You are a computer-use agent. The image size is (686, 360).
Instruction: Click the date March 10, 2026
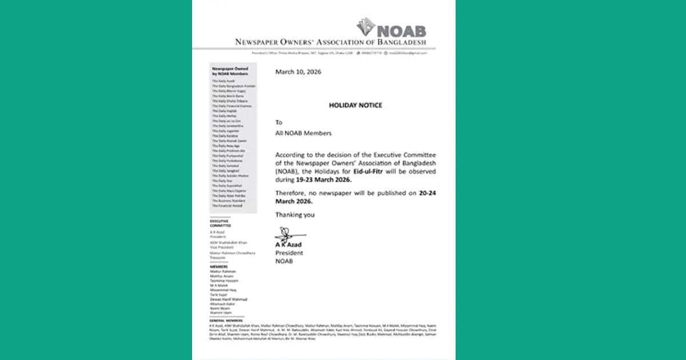[298, 72]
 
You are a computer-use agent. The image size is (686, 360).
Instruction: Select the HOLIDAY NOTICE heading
[355, 106]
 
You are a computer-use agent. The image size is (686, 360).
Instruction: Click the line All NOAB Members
[303, 133]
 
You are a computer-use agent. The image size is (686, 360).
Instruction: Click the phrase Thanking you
[295, 215]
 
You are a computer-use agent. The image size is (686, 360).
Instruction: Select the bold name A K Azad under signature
[288, 245]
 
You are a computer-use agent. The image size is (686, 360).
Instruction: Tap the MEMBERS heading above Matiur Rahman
[218, 266]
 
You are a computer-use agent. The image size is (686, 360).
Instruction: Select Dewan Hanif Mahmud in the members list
[229, 299]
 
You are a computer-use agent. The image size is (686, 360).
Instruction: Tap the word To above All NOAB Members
[279, 122]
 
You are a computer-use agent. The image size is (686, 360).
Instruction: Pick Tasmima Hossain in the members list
[223, 281]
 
